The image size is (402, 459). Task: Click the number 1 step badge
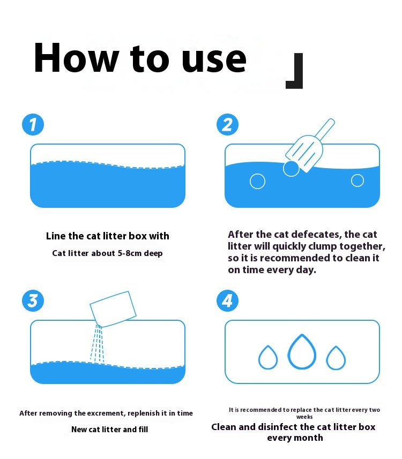pos(33,124)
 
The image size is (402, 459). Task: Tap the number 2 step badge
pos(227,124)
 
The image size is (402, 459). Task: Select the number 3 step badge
pos(33,300)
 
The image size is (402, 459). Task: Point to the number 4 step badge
pos(227,300)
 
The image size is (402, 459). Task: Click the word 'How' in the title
pos(77,57)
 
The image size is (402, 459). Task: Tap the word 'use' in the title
pos(214,61)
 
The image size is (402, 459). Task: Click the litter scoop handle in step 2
pos(326,130)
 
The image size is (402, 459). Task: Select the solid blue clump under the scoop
pos(291,168)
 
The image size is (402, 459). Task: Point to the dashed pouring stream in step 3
pos(98,344)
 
